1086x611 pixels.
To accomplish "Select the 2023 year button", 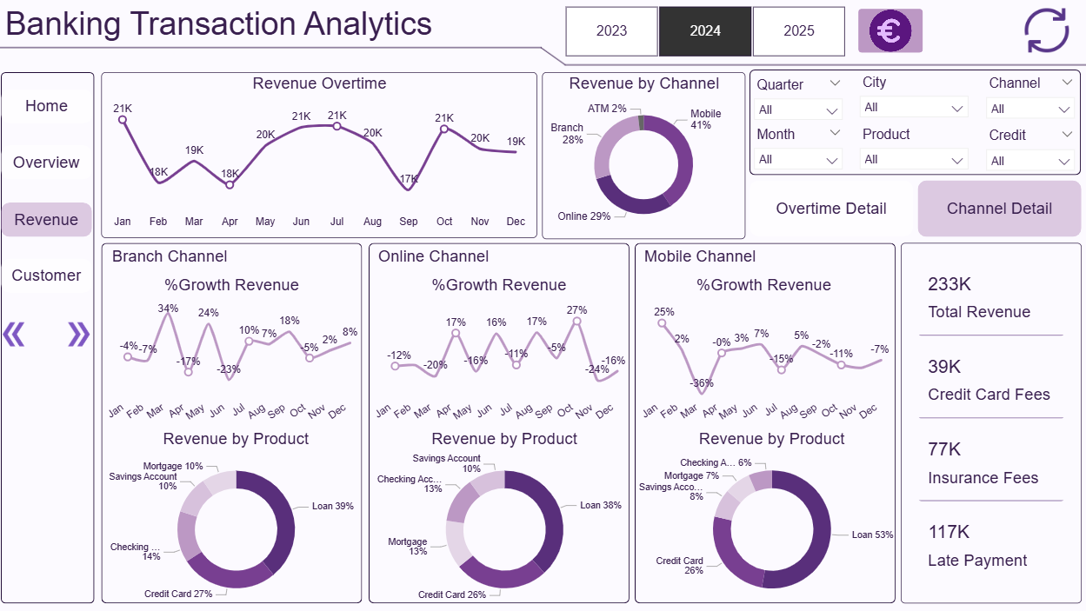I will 611,31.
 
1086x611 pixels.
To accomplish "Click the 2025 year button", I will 798,31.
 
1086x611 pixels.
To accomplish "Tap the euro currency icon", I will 889,31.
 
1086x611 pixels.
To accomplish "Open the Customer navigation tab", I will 46,276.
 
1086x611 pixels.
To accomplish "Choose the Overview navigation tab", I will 46,163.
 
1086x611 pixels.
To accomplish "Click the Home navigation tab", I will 46,106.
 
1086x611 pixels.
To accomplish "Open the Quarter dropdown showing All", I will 798,110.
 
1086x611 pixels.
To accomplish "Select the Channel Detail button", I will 999,209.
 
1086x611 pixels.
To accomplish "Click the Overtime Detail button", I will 831,209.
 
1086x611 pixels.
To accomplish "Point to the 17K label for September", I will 409,180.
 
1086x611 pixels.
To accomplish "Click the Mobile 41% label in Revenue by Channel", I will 705,120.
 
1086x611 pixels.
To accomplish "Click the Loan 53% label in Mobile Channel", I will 872,535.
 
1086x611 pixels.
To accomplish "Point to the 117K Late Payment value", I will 949,532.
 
